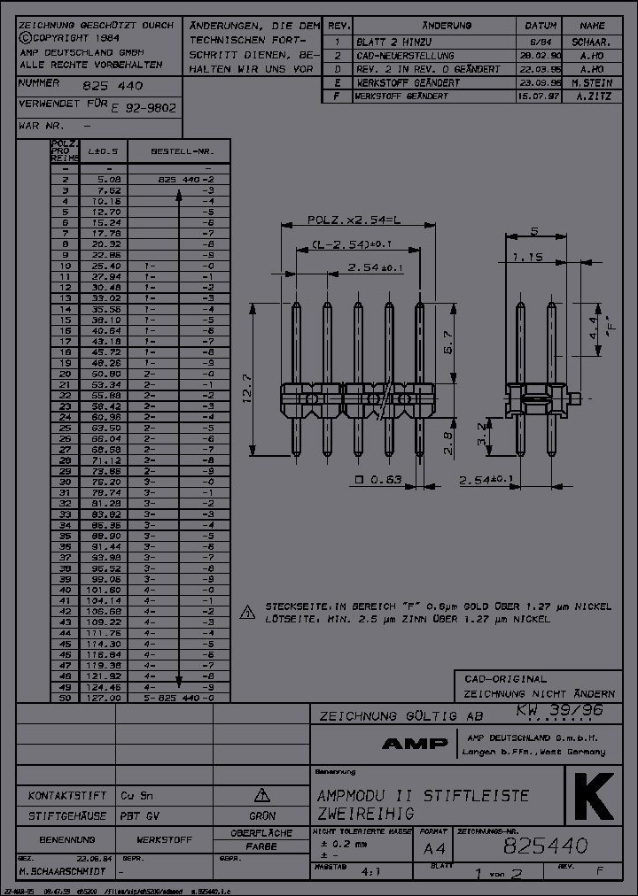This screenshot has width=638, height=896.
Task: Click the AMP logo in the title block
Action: click(x=415, y=744)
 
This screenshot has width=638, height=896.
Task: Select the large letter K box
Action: click(x=594, y=799)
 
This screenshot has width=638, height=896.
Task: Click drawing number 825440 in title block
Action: click(x=544, y=847)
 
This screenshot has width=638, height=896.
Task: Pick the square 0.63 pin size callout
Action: click(x=378, y=481)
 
